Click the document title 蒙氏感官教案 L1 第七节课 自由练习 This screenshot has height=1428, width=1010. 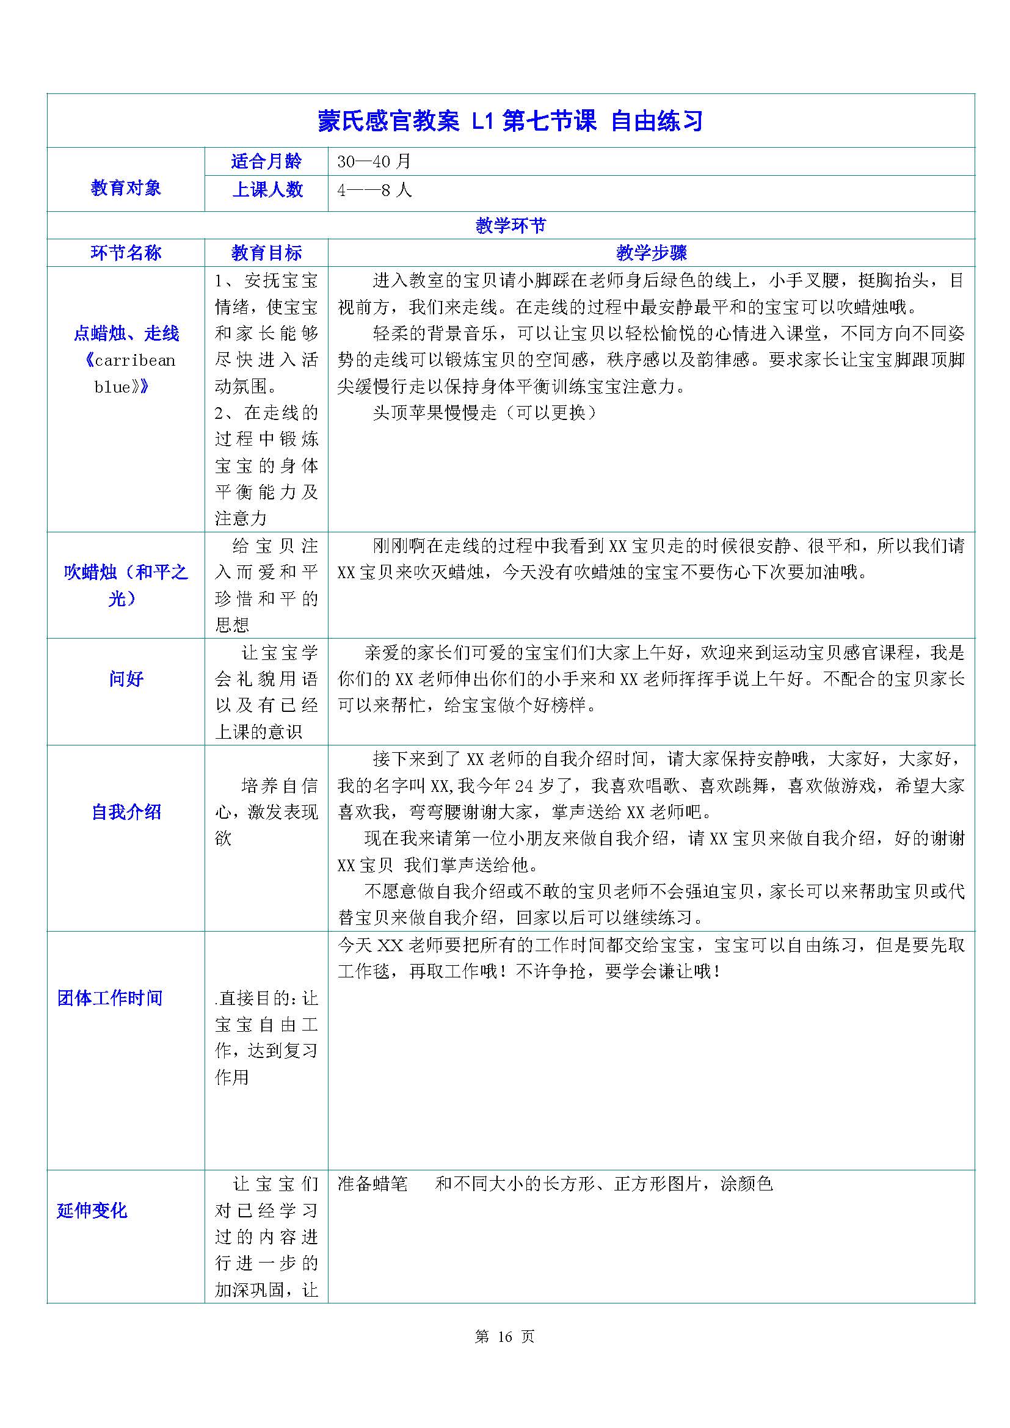click(510, 121)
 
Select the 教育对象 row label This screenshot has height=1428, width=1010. click(126, 188)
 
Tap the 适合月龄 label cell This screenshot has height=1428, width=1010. click(266, 162)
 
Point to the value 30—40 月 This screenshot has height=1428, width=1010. click(374, 162)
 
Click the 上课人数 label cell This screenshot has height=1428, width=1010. click(267, 189)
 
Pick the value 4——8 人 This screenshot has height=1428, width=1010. click(374, 190)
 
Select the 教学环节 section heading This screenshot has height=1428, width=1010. click(510, 225)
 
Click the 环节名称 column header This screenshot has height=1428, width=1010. click(126, 253)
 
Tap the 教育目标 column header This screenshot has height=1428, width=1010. click(266, 253)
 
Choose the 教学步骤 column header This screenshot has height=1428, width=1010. click(651, 253)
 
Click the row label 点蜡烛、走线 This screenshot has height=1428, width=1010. click(126, 333)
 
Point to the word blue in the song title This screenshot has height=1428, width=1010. click(112, 387)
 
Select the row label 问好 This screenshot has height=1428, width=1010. click(126, 678)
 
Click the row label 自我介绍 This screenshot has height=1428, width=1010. click(126, 811)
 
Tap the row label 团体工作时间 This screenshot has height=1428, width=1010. click(109, 998)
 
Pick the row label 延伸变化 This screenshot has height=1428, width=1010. click(92, 1210)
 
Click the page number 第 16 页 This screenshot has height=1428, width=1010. click(504, 1336)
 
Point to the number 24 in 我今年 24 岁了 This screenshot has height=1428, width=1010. click(524, 786)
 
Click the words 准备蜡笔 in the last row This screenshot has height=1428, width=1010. click(372, 1184)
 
